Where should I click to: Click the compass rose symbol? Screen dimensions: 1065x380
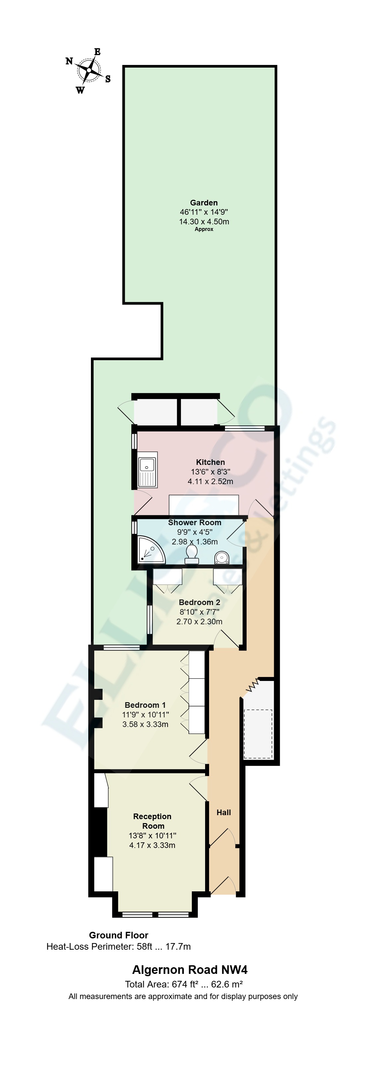tap(89, 70)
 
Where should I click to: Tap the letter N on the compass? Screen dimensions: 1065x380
tap(69, 61)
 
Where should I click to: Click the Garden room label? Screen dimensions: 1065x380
tap(204, 202)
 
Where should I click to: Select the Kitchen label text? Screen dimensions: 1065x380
tap(210, 462)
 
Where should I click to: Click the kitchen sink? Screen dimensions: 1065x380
tap(147, 469)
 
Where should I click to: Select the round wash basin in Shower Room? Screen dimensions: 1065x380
tap(222, 558)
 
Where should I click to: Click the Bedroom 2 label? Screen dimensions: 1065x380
tap(199, 602)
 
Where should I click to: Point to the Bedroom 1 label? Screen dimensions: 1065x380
tap(145, 705)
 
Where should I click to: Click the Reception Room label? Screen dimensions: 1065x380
tap(152, 821)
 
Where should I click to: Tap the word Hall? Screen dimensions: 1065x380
tap(224, 813)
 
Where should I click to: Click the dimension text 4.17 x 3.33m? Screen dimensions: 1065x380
tap(152, 845)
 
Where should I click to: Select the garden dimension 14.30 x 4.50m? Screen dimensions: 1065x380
tap(204, 221)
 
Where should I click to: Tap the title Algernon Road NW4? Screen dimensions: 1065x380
tap(190, 970)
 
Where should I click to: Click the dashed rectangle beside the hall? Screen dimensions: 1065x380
tap(258, 734)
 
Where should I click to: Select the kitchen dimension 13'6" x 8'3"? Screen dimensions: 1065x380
tap(210, 472)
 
